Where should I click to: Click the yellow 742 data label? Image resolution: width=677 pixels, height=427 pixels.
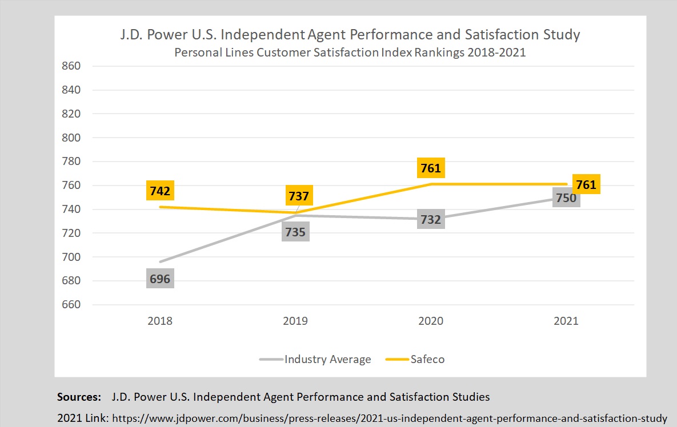click(x=160, y=190)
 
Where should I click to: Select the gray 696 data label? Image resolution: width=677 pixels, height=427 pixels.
click(x=160, y=279)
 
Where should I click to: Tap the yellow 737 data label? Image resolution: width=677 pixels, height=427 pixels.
click(x=299, y=196)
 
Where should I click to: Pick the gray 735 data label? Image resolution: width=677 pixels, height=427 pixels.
click(x=295, y=232)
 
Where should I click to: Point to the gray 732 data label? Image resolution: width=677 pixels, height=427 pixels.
click(x=431, y=220)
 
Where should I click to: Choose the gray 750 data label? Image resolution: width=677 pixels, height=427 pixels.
click(x=566, y=198)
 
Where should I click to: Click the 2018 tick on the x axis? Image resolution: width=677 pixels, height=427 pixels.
click(x=160, y=321)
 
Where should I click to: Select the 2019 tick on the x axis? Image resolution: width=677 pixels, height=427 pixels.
click(x=295, y=321)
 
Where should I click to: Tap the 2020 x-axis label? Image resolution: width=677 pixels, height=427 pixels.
click(x=431, y=321)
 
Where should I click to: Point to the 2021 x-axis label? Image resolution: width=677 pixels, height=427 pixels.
click(x=566, y=321)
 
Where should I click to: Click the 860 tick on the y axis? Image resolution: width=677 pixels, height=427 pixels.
click(x=71, y=66)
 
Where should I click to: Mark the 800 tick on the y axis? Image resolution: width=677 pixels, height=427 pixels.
click(x=71, y=138)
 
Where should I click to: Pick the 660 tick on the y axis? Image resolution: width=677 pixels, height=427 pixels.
click(x=71, y=305)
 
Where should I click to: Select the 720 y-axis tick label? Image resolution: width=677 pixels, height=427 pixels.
click(x=71, y=233)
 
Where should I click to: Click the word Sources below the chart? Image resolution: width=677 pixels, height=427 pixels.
click(x=79, y=396)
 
